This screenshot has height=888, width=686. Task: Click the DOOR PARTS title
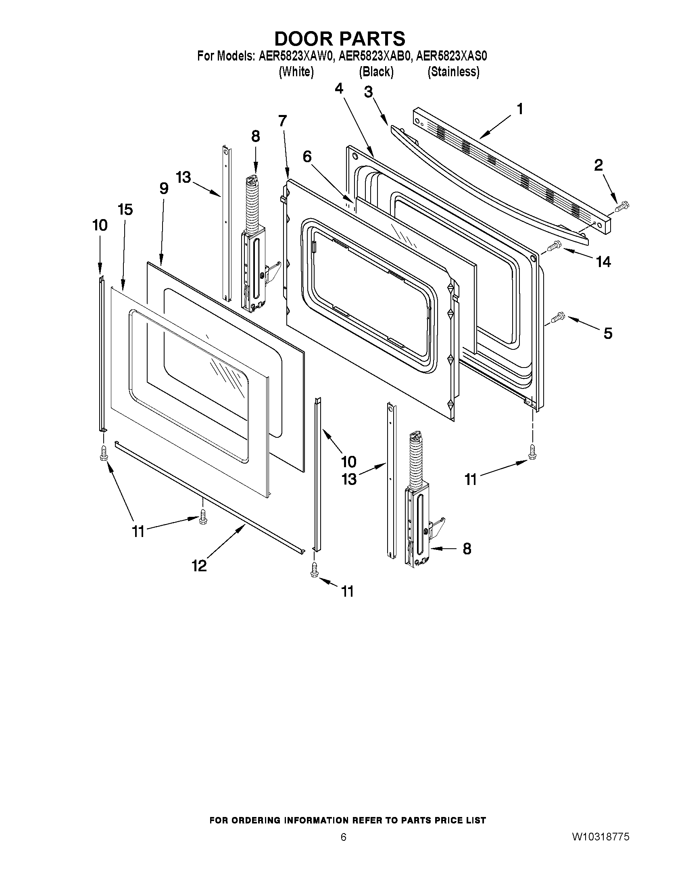click(340, 39)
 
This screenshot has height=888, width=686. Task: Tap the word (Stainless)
click(453, 72)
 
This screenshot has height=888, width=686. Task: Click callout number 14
click(603, 262)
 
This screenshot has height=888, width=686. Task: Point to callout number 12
click(199, 565)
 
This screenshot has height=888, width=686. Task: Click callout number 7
click(282, 120)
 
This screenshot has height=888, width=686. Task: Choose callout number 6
click(307, 156)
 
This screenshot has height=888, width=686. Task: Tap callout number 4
click(338, 88)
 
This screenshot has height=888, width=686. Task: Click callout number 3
click(368, 92)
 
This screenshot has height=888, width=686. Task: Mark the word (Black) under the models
click(376, 72)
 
